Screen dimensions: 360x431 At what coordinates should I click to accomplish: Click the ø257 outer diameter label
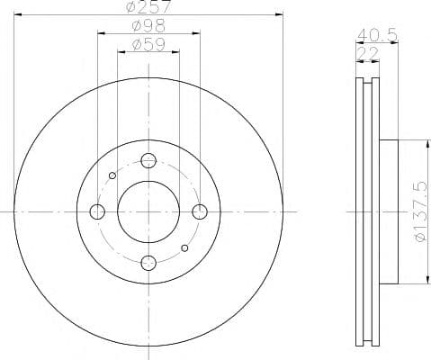point(148,8)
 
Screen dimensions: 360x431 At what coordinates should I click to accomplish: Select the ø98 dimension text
point(148,26)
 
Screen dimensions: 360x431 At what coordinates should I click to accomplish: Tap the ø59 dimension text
point(148,44)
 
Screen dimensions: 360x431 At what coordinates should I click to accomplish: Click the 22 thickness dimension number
point(367,54)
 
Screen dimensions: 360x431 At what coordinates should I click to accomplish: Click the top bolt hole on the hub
point(149,161)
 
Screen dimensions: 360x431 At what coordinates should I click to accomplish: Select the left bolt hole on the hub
point(98,211)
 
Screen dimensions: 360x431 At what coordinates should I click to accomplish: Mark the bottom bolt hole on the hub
point(149,262)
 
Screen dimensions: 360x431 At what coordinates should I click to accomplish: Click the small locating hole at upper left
point(112,175)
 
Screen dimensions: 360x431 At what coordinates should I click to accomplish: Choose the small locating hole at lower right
point(185,247)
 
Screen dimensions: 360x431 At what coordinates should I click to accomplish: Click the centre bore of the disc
point(149,211)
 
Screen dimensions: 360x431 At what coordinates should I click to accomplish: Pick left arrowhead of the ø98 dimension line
point(100,33)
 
